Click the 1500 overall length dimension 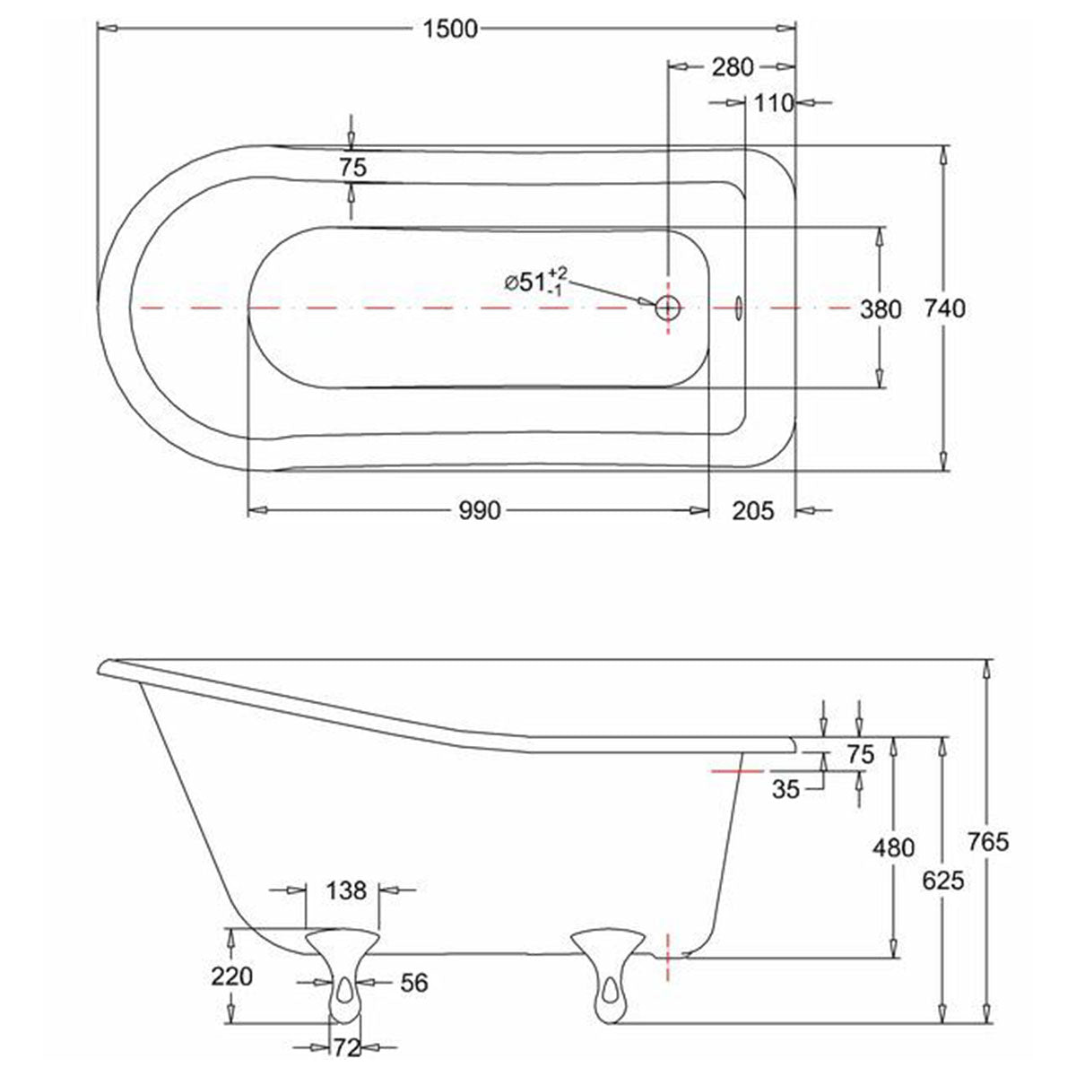coord(449,29)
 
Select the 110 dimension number coord(774,103)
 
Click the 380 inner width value coord(880,309)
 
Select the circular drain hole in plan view coord(668,308)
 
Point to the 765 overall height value coord(989,841)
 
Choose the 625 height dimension coord(942,881)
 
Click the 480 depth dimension coord(894,846)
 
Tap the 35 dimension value coord(785,789)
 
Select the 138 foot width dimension coord(346,890)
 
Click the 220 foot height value coord(233,976)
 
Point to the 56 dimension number coord(413,983)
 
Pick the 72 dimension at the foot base coord(347,1046)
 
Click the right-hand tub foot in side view coord(609,973)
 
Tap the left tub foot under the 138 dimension coord(343,973)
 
